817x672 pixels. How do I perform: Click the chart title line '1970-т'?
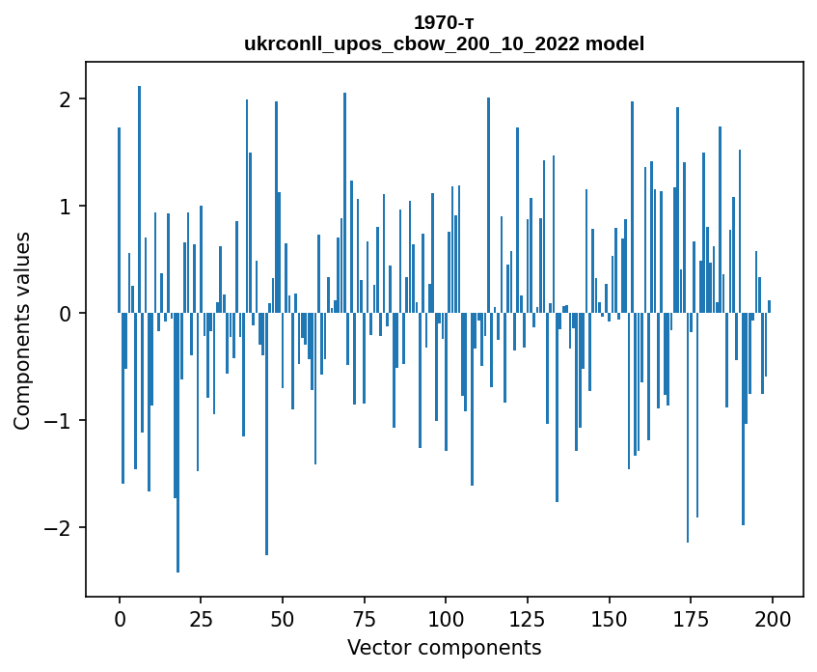444,22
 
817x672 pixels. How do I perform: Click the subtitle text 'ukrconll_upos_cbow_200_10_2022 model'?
444,43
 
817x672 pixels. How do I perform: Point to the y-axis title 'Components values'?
21,330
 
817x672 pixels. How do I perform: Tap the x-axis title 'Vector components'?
444,647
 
